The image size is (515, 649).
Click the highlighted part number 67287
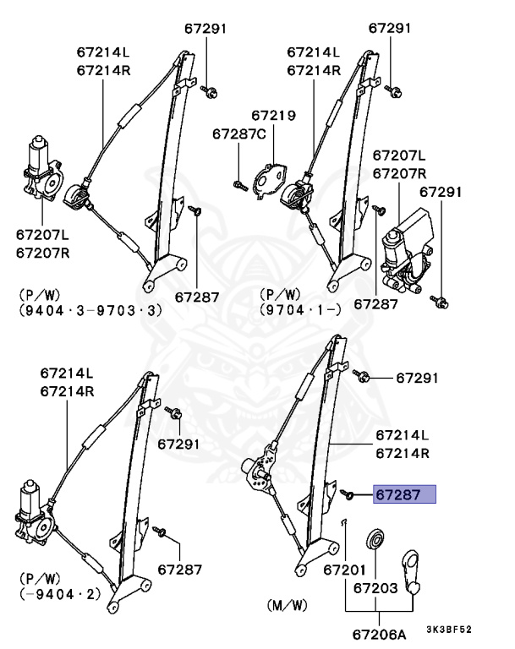tap(404, 495)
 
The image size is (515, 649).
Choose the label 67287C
tap(238, 134)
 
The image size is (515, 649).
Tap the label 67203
tap(375, 586)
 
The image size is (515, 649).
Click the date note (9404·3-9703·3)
tap(89, 310)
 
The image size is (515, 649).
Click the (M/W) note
tap(285, 607)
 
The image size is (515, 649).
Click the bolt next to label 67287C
tap(238, 183)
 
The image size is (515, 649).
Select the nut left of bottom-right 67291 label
tap(362, 374)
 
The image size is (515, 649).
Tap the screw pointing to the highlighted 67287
tap(347, 493)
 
